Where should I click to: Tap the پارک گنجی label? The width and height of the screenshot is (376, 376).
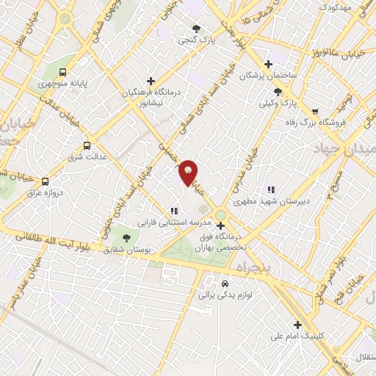196,40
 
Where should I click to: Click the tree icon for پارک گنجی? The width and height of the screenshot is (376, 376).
196,29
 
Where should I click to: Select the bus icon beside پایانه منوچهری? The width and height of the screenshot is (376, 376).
63,73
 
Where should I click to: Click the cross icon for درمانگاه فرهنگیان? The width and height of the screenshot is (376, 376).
151,81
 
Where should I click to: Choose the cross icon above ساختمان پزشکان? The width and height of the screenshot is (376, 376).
268,65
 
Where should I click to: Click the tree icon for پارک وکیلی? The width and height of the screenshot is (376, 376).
278,92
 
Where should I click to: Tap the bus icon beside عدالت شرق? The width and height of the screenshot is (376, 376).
88,145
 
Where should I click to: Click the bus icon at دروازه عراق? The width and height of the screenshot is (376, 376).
46,181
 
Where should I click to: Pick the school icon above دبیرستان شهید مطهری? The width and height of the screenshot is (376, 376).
271,189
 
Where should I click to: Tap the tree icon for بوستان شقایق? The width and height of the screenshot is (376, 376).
126,238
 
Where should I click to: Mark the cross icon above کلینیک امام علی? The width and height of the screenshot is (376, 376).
297,325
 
